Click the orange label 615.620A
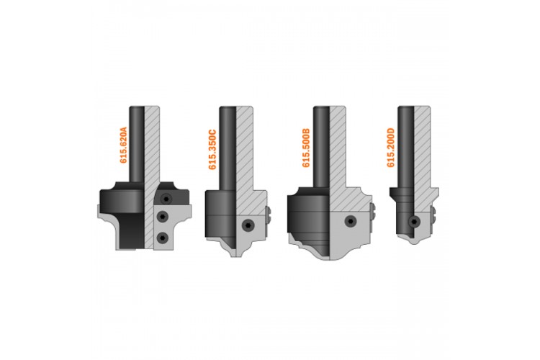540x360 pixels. [x=123, y=145]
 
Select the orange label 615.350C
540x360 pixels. [x=212, y=150]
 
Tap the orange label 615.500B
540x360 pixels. [x=306, y=148]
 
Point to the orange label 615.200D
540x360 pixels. [x=390, y=148]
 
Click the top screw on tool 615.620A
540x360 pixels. [x=167, y=199]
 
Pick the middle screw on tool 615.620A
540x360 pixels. [x=162, y=216]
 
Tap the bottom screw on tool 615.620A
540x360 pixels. [x=162, y=238]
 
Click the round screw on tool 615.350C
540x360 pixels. [x=247, y=225]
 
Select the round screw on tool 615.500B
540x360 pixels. [x=350, y=221]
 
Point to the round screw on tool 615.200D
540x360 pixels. [x=414, y=222]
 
